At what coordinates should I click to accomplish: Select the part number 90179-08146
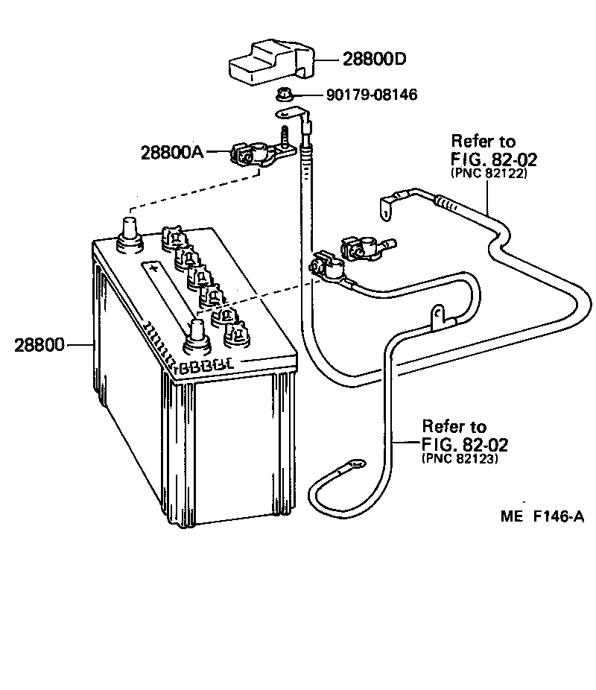point(371,95)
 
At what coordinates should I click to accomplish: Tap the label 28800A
point(171,152)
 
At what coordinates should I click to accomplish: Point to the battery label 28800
point(39,345)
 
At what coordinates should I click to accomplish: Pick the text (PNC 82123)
point(460,459)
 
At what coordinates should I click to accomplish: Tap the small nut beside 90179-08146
point(283,95)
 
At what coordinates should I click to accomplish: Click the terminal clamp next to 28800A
point(250,153)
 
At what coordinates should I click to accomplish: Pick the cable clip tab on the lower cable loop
point(435,316)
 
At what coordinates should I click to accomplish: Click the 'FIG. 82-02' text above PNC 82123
point(465,445)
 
